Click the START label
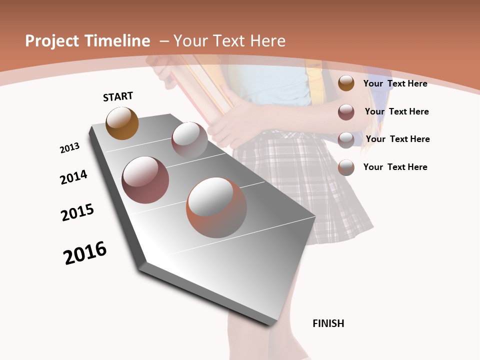[x=118, y=96]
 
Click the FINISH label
[x=328, y=323]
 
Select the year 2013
[x=69, y=148]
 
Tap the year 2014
[x=73, y=177]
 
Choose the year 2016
[x=85, y=253]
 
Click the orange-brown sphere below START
[x=122, y=123]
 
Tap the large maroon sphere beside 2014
[x=145, y=179]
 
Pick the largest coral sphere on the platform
[x=216, y=207]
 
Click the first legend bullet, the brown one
[x=346, y=83]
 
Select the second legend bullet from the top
[x=346, y=112]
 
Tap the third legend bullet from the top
[x=346, y=139]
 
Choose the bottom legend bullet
[x=346, y=167]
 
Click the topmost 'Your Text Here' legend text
[x=395, y=83]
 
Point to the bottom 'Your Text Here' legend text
[x=395, y=167]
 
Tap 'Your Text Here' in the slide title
[x=229, y=41]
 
